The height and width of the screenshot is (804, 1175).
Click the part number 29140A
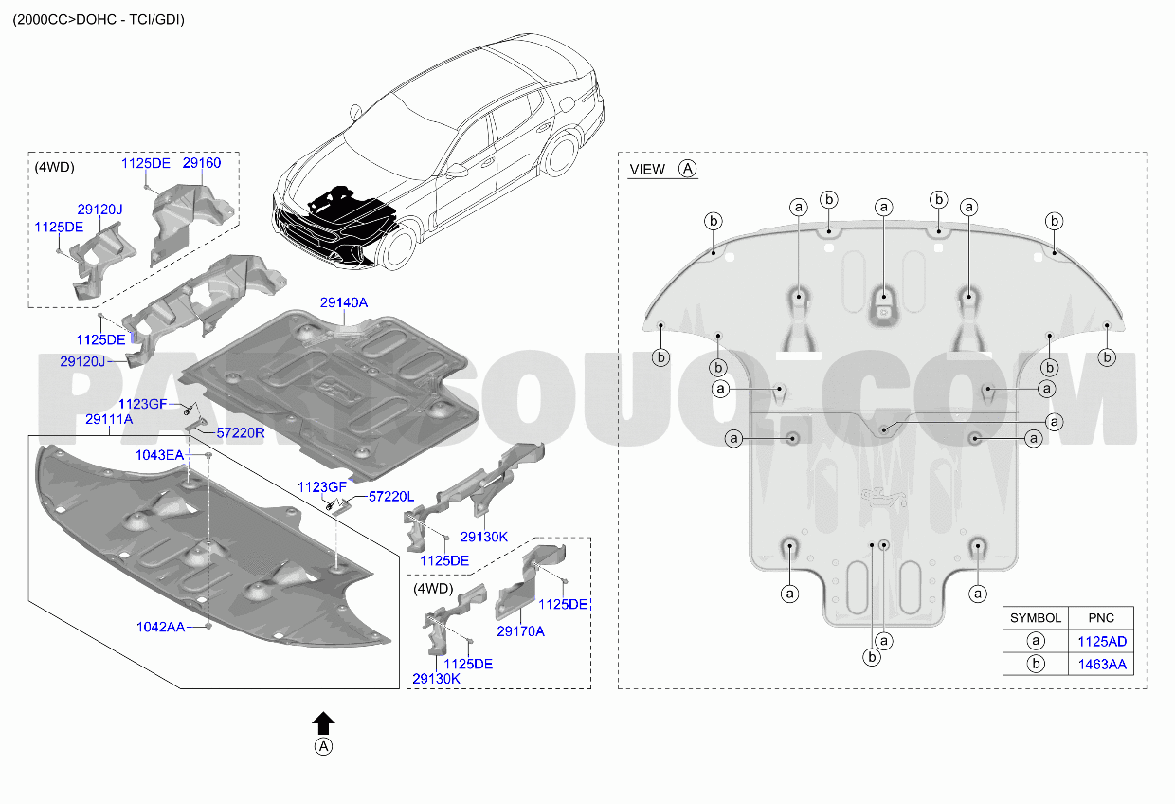pos(344,302)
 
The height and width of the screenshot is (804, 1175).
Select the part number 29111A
pos(109,419)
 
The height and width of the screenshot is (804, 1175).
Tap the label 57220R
pos(241,433)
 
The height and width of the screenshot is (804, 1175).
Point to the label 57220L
pos(390,497)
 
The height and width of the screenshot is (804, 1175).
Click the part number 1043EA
pos(159,455)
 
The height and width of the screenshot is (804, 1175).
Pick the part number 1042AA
pos(160,627)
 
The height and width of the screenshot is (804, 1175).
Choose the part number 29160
pos(202,163)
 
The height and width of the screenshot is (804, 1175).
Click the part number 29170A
pos(520,631)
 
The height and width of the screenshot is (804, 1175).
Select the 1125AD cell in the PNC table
pos(1101,641)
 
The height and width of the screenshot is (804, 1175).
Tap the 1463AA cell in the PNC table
pos(1101,665)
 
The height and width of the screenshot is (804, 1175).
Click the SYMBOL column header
pos(1036,618)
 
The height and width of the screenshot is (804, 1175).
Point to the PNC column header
pos(1101,618)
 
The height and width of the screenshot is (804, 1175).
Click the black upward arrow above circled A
pos(323,723)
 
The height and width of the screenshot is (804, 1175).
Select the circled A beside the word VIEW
pos(687,169)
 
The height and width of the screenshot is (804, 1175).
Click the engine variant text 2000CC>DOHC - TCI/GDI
pos(99,20)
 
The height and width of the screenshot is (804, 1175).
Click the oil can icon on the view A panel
pos(883,498)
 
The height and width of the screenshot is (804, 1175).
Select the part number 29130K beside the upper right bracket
pos(483,537)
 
